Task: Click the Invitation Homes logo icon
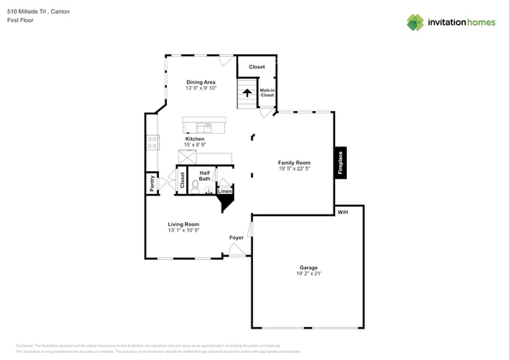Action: pyautogui.click(x=414, y=22)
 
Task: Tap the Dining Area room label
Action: pyautogui.click(x=200, y=82)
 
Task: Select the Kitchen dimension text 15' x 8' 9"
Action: pyautogui.click(x=195, y=145)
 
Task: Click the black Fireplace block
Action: pyautogui.click(x=341, y=163)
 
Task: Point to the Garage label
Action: pyautogui.click(x=309, y=267)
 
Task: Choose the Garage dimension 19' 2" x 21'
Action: pyautogui.click(x=309, y=273)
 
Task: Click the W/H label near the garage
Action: pyautogui.click(x=342, y=212)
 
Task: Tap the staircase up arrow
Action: pyautogui.click(x=247, y=93)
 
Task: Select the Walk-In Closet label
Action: pyautogui.click(x=267, y=92)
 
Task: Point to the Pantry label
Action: pyautogui.click(x=152, y=183)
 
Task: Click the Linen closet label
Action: pyautogui.click(x=224, y=191)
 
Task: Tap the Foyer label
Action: pyautogui.click(x=236, y=237)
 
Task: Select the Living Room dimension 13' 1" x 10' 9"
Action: pyautogui.click(x=183, y=230)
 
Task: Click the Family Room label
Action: pyautogui.click(x=294, y=162)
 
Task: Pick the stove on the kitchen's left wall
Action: pyautogui.click(x=152, y=142)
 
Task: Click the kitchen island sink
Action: pyautogui.click(x=204, y=127)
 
